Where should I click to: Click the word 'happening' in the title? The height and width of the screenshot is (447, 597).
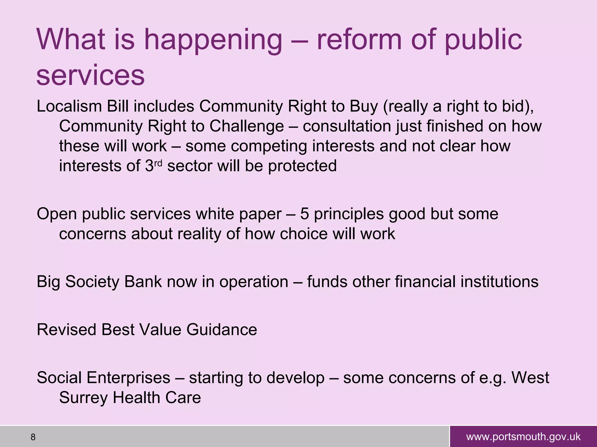(x=213, y=41)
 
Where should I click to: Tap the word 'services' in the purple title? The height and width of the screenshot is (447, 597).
(x=90, y=75)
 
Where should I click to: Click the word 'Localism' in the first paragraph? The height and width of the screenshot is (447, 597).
(x=69, y=107)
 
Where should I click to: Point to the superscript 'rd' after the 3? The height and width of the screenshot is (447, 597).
(x=158, y=162)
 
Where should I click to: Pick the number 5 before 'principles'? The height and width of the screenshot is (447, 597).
(x=304, y=214)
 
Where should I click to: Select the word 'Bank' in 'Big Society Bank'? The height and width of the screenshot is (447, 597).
(x=143, y=282)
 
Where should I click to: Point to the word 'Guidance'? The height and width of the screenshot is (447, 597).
(x=222, y=330)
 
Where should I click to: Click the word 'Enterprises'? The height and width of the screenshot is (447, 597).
(x=128, y=378)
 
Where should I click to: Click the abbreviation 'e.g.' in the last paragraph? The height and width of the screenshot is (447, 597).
(x=492, y=378)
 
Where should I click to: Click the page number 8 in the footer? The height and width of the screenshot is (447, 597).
(x=33, y=437)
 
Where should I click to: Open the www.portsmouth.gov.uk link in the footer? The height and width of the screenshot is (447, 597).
(x=523, y=437)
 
